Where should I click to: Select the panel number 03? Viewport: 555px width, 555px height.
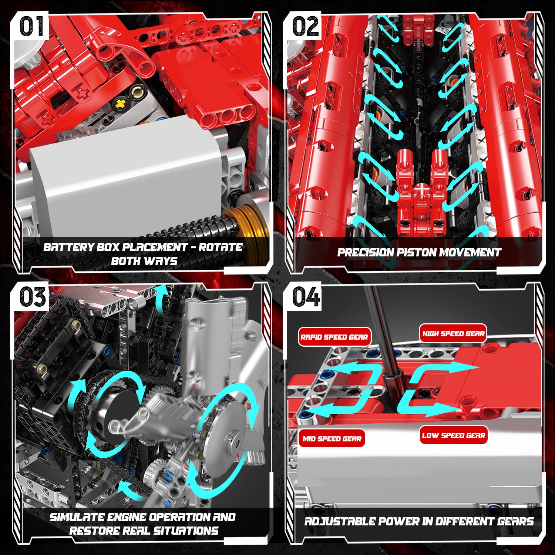pos(32,297)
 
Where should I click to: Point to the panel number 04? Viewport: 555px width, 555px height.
pos(305,297)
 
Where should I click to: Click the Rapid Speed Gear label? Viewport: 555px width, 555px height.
pos(334,337)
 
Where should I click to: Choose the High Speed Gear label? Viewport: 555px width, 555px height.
pos(453,334)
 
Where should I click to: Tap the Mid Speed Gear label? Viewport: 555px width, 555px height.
pos(332,439)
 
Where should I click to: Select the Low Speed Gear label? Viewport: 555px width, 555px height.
pos(453,435)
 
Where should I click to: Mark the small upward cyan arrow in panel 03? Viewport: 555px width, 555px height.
pos(160,296)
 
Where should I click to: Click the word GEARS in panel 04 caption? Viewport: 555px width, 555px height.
pos(515,522)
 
